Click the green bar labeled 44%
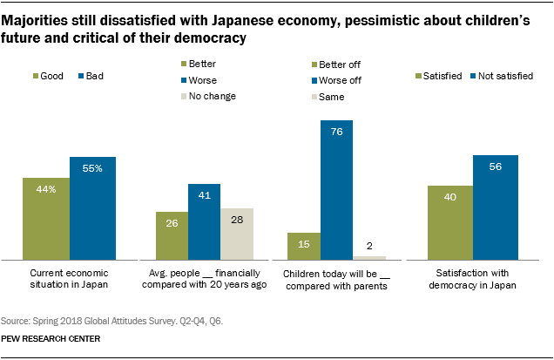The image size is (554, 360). point(47,218)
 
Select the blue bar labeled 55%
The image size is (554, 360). point(93,208)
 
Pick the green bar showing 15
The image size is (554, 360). point(305,246)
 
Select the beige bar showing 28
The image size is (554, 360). point(236,234)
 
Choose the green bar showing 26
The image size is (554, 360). point(172,235)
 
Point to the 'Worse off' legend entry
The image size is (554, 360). point(344,79)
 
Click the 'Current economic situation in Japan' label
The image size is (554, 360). point(69,279)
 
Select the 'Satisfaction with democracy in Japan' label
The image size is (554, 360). point(473,279)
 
